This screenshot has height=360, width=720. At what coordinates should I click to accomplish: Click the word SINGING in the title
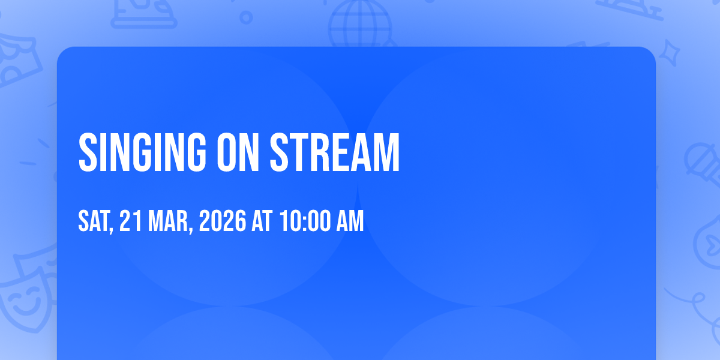142,152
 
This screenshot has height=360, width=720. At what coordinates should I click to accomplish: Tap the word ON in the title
238,152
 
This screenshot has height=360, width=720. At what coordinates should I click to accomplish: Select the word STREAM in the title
335,152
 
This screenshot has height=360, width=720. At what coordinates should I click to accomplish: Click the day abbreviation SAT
94,221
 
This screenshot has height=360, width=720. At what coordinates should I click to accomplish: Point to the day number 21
130,221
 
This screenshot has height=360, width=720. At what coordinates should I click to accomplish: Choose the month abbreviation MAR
167,221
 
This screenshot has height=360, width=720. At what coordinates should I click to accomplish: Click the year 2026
223,221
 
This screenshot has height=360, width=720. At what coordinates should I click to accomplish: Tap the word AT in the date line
262,221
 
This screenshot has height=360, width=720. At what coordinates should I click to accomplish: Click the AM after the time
350,221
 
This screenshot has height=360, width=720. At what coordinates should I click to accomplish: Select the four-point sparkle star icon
669,53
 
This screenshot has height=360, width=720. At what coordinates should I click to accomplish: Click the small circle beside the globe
246,17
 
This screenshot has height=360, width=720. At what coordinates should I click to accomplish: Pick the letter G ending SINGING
194,152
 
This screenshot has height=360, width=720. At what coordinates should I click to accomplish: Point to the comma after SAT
111,229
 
